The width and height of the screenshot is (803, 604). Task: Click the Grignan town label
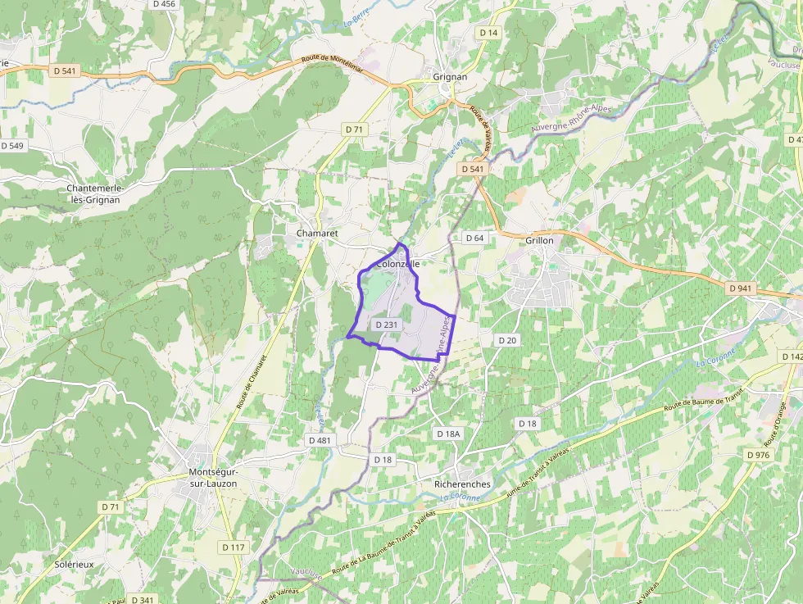click(x=450, y=77)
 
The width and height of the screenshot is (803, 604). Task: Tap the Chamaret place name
click(x=317, y=234)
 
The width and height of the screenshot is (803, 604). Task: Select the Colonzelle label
click(x=398, y=264)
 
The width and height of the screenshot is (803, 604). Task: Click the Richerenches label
click(x=462, y=484)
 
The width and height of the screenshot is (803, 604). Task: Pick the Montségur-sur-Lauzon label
click(x=213, y=478)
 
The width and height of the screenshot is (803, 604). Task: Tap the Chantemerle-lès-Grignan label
click(x=95, y=193)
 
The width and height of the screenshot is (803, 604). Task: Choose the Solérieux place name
click(x=75, y=565)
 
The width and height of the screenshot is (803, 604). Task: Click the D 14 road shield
click(x=488, y=33)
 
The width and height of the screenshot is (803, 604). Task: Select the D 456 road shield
click(x=164, y=4)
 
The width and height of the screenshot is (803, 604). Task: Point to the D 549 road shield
click(x=12, y=146)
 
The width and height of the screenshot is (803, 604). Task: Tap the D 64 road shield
click(x=474, y=238)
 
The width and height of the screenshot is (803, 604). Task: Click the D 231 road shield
click(x=386, y=325)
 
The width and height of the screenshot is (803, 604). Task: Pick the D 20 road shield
click(x=507, y=339)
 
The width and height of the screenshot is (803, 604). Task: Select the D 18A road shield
click(x=449, y=434)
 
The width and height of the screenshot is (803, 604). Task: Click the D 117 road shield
click(x=234, y=547)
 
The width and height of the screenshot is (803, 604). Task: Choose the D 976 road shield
click(x=758, y=455)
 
